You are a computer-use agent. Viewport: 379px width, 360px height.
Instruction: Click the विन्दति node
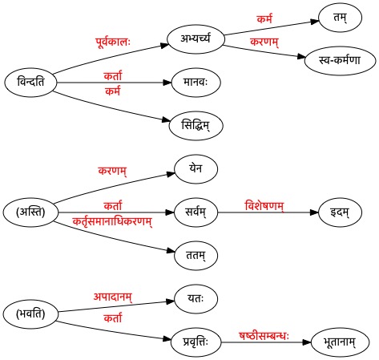point(30,83)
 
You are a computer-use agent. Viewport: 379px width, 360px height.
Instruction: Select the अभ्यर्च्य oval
point(196,39)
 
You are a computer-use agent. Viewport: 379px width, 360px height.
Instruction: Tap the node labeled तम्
point(340,18)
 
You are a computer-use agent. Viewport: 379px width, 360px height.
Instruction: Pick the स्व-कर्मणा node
point(340,61)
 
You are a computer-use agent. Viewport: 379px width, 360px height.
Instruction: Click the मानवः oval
point(196,83)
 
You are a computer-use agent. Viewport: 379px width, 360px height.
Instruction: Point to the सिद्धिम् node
point(196,126)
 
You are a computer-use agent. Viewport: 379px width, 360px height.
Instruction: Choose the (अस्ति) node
point(30,212)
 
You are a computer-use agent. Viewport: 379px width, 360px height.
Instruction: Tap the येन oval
point(196,169)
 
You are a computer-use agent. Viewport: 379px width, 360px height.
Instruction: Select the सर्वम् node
point(196,212)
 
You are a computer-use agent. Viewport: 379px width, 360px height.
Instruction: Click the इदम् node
point(340,212)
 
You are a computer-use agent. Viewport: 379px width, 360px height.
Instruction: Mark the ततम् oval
point(196,256)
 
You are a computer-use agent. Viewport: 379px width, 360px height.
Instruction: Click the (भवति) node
point(30,313)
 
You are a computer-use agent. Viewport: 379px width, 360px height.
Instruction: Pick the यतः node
point(196,299)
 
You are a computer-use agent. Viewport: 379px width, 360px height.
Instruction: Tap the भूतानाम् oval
point(340,342)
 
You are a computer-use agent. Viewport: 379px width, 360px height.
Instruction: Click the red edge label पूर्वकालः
point(113,42)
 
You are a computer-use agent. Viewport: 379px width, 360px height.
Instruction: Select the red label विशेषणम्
point(264,206)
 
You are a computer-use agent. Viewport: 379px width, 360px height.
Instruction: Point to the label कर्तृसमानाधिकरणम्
point(112,222)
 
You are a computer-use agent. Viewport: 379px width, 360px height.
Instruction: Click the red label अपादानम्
point(113,297)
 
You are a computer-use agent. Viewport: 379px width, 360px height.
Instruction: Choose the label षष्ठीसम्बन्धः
point(264,336)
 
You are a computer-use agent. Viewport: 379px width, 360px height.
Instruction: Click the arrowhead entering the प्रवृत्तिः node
point(167,339)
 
